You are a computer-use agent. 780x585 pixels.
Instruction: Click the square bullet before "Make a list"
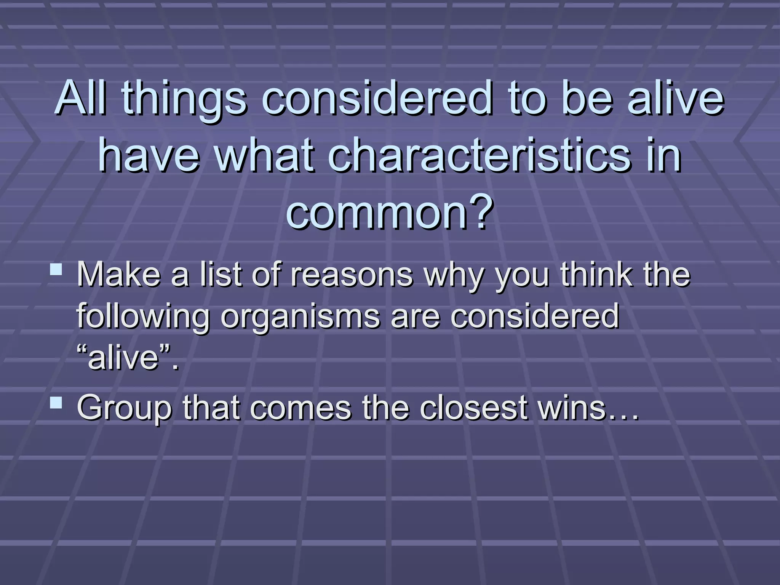click(x=56, y=270)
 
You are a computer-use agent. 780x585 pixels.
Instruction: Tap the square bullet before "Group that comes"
click(x=56, y=403)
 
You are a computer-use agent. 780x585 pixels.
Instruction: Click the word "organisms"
click(x=300, y=316)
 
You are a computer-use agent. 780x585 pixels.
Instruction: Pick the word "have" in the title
click(x=149, y=155)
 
